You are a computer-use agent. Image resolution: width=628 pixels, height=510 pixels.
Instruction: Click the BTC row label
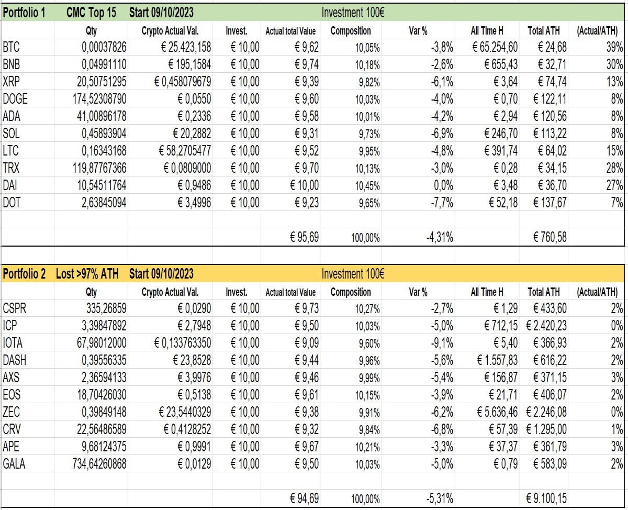(11, 47)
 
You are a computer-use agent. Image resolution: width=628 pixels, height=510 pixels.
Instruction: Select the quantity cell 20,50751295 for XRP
(102, 82)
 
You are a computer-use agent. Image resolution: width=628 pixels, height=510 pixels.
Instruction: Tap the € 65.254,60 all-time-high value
(495, 47)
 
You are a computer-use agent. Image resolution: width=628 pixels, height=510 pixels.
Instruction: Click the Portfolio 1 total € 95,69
(305, 237)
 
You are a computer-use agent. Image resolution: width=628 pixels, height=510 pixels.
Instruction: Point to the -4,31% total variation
(440, 237)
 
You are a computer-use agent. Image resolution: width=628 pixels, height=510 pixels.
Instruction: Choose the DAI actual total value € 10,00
(305, 185)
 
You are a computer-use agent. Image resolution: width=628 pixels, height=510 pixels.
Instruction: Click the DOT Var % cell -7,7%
(442, 203)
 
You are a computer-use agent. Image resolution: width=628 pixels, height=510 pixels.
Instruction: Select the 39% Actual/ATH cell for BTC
(615, 47)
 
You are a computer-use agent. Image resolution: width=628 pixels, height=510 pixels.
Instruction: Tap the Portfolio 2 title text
(24, 274)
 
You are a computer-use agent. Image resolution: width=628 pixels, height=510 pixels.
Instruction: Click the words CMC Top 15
(91, 13)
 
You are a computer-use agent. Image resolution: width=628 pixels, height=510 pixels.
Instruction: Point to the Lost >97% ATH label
(87, 274)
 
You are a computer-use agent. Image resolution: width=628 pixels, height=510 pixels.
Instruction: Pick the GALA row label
(14, 464)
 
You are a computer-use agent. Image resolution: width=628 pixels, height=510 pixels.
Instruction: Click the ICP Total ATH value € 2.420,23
(546, 326)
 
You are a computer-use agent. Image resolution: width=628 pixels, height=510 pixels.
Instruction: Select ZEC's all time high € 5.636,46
(497, 412)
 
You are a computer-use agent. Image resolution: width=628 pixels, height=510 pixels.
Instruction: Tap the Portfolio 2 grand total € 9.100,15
(546, 498)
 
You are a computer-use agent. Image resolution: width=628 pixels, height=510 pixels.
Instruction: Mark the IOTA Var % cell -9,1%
(442, 343)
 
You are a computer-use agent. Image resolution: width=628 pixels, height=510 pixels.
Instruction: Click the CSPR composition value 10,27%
(367, 309)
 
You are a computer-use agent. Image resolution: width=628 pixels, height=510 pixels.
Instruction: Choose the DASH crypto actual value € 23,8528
(192, 360)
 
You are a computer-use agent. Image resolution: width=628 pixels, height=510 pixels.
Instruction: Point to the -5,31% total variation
(440, 499)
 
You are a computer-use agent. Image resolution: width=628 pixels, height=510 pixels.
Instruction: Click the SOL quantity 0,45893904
(104, 134)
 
